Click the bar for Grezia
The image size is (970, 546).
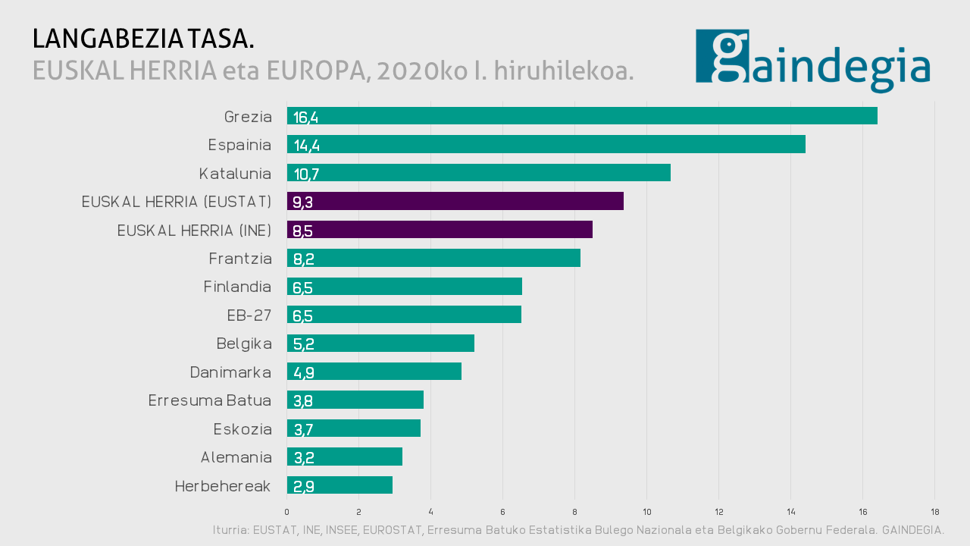582,116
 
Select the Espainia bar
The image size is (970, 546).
546,144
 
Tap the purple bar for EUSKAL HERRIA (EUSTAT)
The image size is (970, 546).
455,201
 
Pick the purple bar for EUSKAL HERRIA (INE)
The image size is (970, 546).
440,230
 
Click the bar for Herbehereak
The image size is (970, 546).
339,485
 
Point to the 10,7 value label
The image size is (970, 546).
306,174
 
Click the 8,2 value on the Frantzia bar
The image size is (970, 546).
303,259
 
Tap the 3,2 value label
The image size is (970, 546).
303,457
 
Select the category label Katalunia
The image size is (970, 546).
235,174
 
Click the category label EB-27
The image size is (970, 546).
249,315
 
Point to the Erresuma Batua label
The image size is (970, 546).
210,400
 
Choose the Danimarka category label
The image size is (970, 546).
230,372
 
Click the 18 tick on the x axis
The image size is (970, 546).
934,511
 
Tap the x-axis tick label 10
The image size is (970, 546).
646,511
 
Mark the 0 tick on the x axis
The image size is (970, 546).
286,511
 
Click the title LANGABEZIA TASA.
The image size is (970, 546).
143,39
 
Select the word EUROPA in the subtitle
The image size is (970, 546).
312,71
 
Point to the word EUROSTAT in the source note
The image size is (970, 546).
393,530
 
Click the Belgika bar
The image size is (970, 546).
380,344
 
